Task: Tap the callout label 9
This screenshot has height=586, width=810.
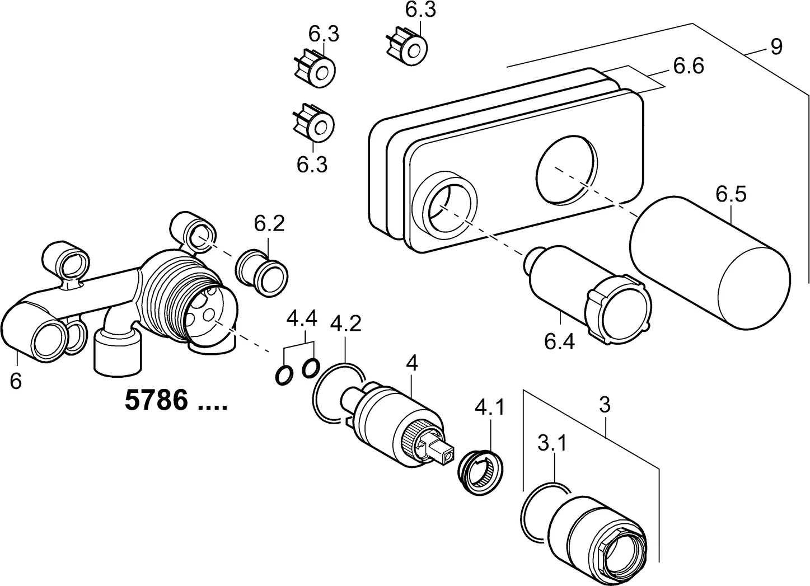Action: click(776, 47)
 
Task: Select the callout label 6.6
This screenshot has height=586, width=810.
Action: click(688, 67)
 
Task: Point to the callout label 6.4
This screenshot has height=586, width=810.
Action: click(559, 341)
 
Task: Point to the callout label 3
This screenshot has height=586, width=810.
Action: click(604, 405)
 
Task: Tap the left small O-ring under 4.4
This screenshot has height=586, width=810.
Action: click(284, 375)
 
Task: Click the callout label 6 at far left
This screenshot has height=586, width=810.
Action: click(16, 382)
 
